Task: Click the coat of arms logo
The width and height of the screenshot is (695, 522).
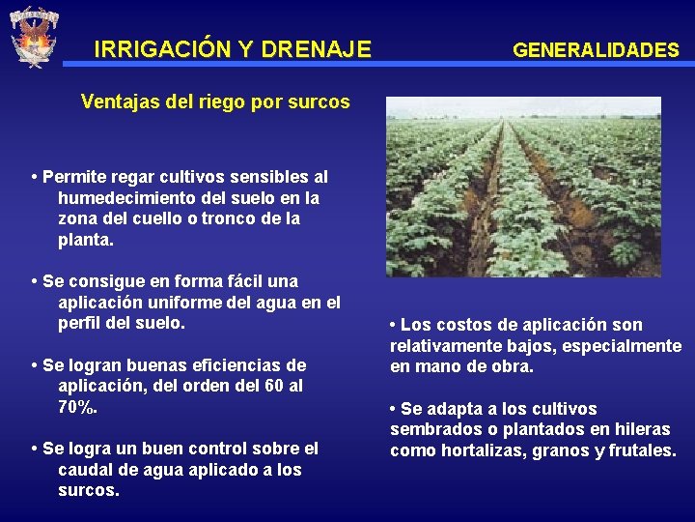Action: pos(33,37)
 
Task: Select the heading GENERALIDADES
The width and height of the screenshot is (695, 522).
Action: pos(596,49)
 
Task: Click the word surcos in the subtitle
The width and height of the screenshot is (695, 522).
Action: pos(320,101)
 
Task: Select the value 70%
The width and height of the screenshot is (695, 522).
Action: pos(77,407)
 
